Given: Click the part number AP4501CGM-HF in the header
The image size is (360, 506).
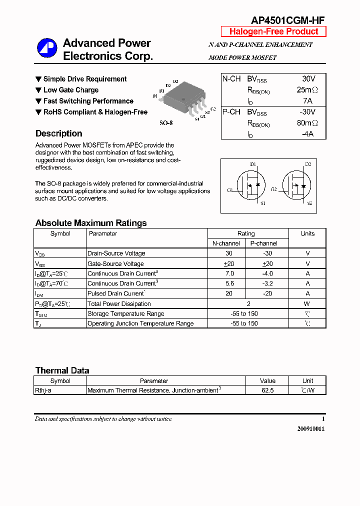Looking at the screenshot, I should [x=287, y=20].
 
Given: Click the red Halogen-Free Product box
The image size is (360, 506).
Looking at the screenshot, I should [x=273, y=31].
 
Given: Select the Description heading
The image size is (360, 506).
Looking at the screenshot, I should [x=59, y=133].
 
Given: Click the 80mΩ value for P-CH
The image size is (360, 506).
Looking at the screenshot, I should [x=307, y=123].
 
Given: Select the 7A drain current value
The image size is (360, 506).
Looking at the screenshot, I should [x=308, y=101].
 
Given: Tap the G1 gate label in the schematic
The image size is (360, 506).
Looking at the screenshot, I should [x=230, y=190].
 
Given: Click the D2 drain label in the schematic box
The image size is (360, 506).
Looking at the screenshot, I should [x=308, y=164].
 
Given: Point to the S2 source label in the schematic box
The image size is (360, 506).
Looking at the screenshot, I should [x=309, y=203].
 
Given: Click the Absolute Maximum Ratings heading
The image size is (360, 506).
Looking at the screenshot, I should [x=91, y=223].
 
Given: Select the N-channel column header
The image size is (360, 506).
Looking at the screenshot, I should [x=226, y=243].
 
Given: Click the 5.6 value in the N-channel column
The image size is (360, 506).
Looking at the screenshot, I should [x=229, y=283].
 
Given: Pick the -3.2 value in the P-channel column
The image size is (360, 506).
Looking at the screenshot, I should [x=267, y=283].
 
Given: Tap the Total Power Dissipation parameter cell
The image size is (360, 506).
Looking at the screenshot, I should [x=119, y=303].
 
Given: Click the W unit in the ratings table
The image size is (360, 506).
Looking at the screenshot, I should [x=307, y=303].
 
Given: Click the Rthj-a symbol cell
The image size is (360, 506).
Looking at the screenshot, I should [x=43, y=390].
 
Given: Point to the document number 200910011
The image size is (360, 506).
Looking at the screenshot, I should [x=310, y=429].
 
